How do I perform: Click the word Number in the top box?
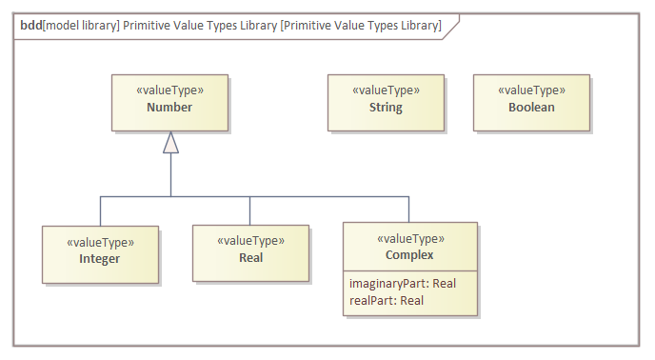(x=169, y=108)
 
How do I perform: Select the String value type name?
(x=386, y=108)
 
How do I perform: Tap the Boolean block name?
(x=531, y=108)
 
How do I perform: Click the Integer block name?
(x=100, y=258)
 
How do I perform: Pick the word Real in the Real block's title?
(x=250, y=257)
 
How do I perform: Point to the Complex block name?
(x=410, y=255)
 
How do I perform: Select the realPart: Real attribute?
(x=386, y=300)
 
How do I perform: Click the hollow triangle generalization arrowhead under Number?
(x=170, y=143)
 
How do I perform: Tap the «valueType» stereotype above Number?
(x=169, y=90)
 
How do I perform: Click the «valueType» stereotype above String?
(x=386, y=90)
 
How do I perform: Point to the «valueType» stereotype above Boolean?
(x=531, y=90)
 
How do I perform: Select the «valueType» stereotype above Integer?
(x=100, y=242)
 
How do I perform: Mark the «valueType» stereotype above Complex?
(x=410, y=238)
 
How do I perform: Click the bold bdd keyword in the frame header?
(x=30, y=26)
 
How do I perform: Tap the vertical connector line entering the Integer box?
(x=100, y=210)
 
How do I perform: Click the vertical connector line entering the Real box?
(x=249, y=210)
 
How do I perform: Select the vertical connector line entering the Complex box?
(x=409, y=209)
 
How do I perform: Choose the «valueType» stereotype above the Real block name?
(x=250, y=240)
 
